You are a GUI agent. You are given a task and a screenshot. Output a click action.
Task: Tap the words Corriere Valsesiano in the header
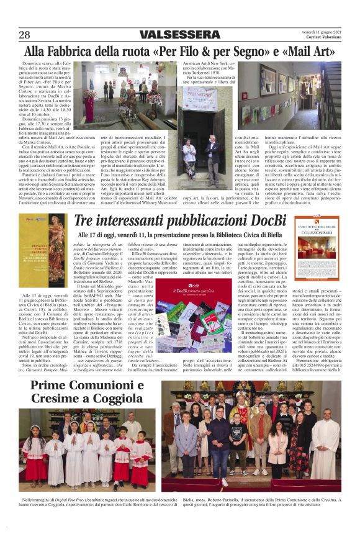click(x=322, y=38)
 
